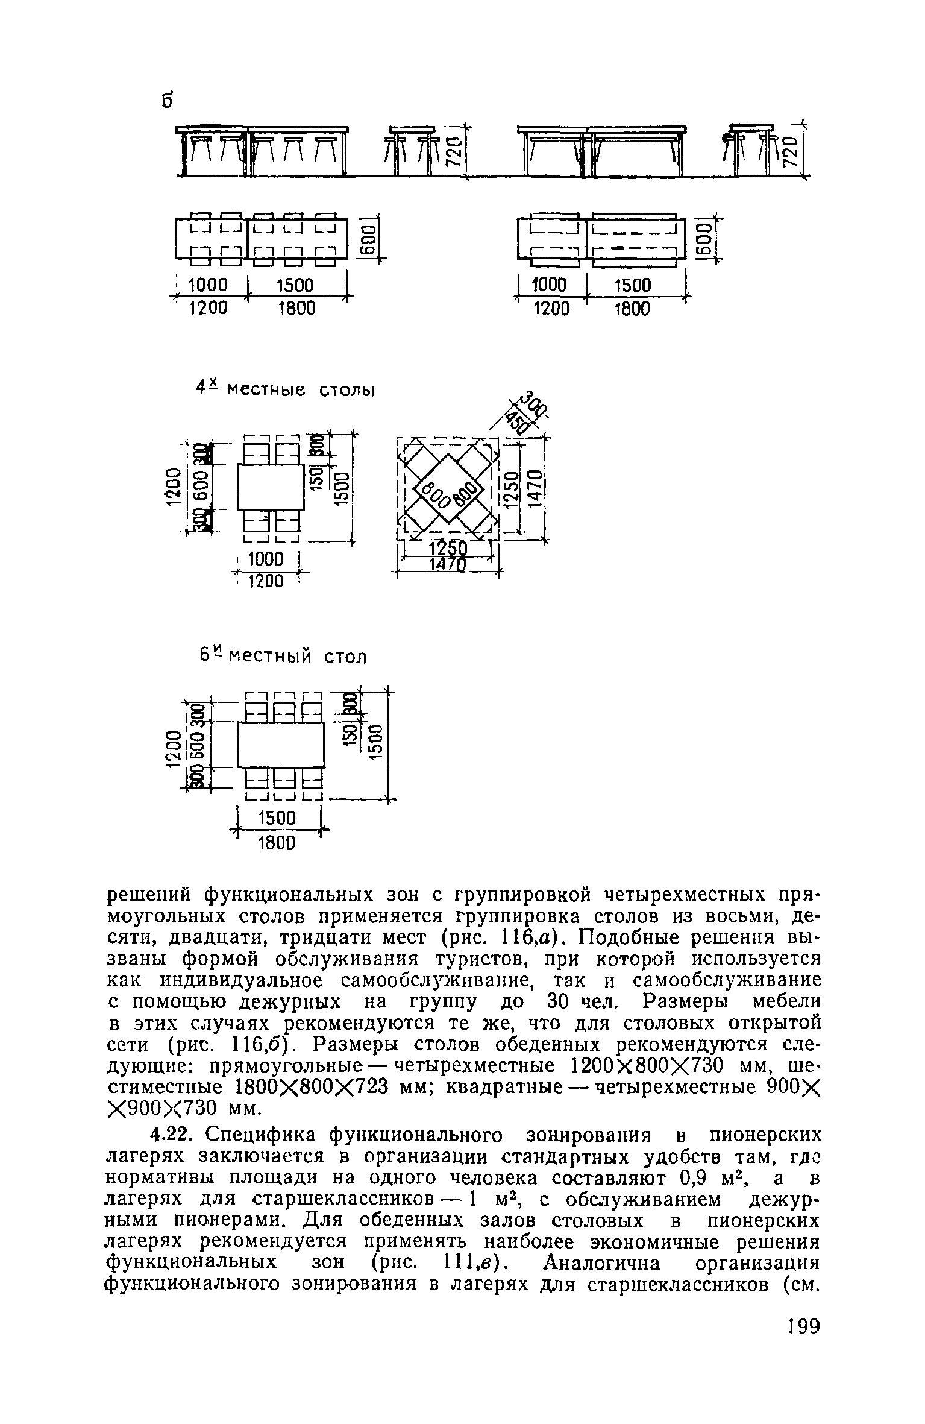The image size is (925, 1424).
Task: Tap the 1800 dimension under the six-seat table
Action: coord(277,843)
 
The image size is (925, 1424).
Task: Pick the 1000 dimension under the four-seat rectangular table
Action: coord(265,559)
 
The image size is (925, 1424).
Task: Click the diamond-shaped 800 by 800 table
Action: coord(448,490)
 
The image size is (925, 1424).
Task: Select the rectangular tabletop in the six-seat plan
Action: coord(281,745)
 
